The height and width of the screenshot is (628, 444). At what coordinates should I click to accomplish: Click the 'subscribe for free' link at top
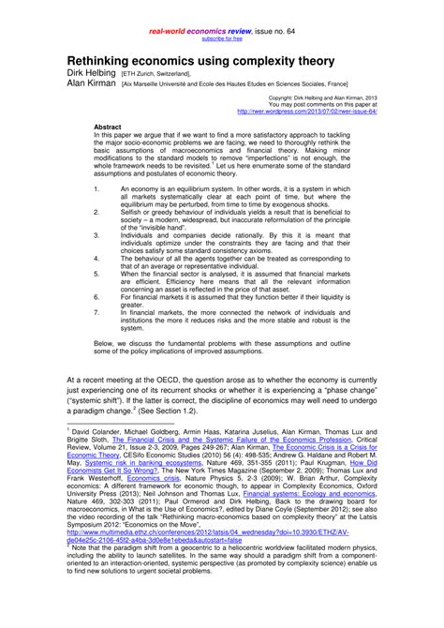click(x=222, y=38)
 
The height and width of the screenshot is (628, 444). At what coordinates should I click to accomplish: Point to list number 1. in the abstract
click(x=97, y=188)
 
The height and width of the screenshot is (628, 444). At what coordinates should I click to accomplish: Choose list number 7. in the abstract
click(x=97, y=310)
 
